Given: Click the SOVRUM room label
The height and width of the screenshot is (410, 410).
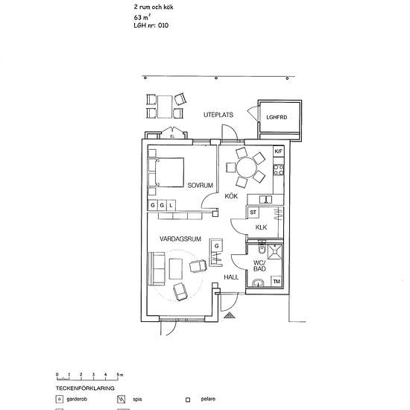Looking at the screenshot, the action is click(201, 186).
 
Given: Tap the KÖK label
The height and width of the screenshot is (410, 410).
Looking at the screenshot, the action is click(231, 196).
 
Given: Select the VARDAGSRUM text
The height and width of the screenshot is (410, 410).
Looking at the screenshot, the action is click(180, 239).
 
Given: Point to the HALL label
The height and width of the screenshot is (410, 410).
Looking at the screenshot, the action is click(231, 277).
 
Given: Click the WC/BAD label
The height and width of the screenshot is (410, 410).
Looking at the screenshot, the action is click(259, 265).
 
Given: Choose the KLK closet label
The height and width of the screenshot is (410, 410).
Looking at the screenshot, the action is click(261, 227).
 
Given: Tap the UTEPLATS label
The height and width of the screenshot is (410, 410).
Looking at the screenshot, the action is click(218, 115).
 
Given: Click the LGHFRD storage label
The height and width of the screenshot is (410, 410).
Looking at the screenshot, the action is click(277, 117).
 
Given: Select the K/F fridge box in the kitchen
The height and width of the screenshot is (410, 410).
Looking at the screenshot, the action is click(279, 151).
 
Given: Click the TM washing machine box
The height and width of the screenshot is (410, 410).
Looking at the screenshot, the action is click(277, 281).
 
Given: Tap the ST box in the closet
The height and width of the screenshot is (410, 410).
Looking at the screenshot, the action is click(253, 212).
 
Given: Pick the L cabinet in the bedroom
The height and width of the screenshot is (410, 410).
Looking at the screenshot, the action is click(171, 205).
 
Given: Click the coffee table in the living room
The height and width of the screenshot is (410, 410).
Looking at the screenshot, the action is click(175, 268).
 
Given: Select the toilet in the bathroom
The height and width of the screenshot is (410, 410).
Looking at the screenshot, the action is click(262, 247).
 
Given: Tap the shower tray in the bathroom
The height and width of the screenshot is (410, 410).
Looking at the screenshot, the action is click(275, 251).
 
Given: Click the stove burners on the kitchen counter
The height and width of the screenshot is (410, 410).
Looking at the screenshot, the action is click(279, 170).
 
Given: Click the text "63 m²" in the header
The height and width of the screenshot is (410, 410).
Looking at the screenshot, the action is click(142, 17).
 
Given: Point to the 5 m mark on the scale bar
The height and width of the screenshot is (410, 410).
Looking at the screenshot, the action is click(118, 374).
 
